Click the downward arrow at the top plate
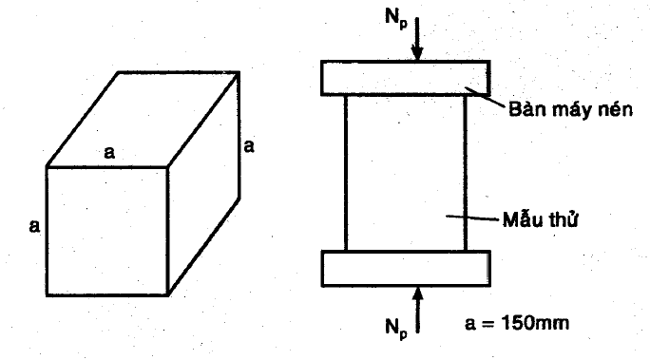coord(417,39)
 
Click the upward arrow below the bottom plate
coord(418,310)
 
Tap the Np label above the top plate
coord(396,19)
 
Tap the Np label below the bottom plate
coord(396,329)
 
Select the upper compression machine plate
coord(406,78)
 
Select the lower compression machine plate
coord(406,269)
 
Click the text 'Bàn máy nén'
coord(570,109)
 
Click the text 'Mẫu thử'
coord(540,219)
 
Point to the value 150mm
coord(535,323)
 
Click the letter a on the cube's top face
coord(109,153)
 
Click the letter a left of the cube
coord(34,226)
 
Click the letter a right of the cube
coord(249,146)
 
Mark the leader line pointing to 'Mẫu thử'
coord(471,218)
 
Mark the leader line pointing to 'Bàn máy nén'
coord(485,98)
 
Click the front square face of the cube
coord(107,231)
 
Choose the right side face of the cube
coord(203,183)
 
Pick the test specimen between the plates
coord(406,173)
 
